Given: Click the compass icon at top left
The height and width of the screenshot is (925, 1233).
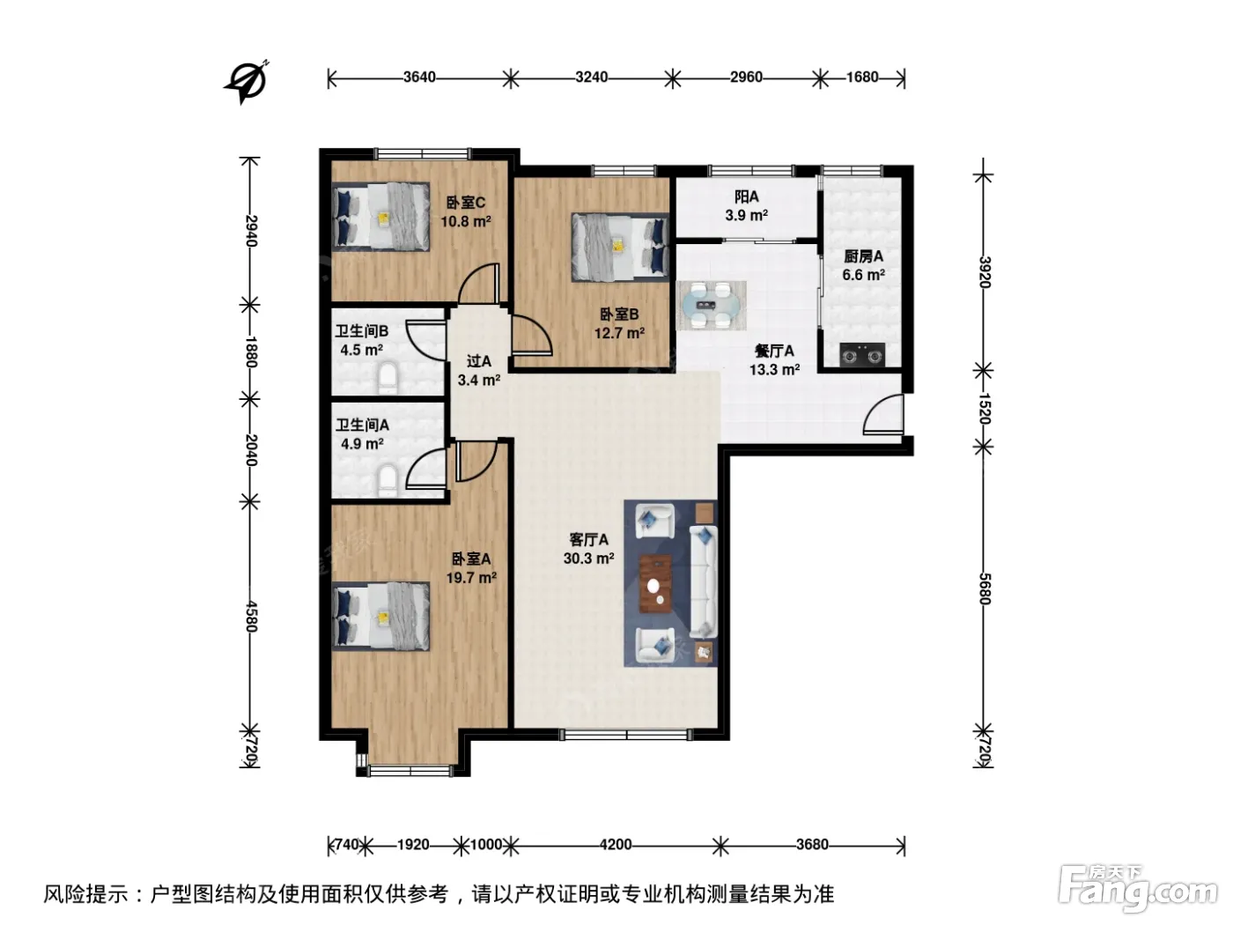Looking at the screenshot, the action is [246, 83].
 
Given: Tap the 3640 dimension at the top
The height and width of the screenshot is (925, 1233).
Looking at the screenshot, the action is [419, 77].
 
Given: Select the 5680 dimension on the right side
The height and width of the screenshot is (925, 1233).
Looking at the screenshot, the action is [984, 588].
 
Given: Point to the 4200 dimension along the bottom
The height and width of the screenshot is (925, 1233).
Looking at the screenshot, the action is [615, 845].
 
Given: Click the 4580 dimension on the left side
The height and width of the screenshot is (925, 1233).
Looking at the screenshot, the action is [251, 617].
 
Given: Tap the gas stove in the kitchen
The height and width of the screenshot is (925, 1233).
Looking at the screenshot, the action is [861, 355].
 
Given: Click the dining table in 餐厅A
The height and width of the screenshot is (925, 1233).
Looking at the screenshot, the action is [711, 306].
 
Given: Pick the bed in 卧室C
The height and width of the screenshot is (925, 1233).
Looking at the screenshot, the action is [380, 216].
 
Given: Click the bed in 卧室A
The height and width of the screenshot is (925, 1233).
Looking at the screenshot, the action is [380, 617].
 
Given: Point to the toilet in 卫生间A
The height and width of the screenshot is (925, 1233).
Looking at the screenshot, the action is [388, 481].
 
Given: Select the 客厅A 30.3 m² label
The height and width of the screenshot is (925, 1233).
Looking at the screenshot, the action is [588, 549].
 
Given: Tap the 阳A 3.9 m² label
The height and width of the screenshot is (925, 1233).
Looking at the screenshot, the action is [746, 205].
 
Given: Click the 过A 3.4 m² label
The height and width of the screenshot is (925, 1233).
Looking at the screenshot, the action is [478, 371].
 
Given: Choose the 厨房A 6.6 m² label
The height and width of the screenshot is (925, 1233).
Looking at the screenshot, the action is [863, 266].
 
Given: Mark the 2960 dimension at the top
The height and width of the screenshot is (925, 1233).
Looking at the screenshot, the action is [746, 77].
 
